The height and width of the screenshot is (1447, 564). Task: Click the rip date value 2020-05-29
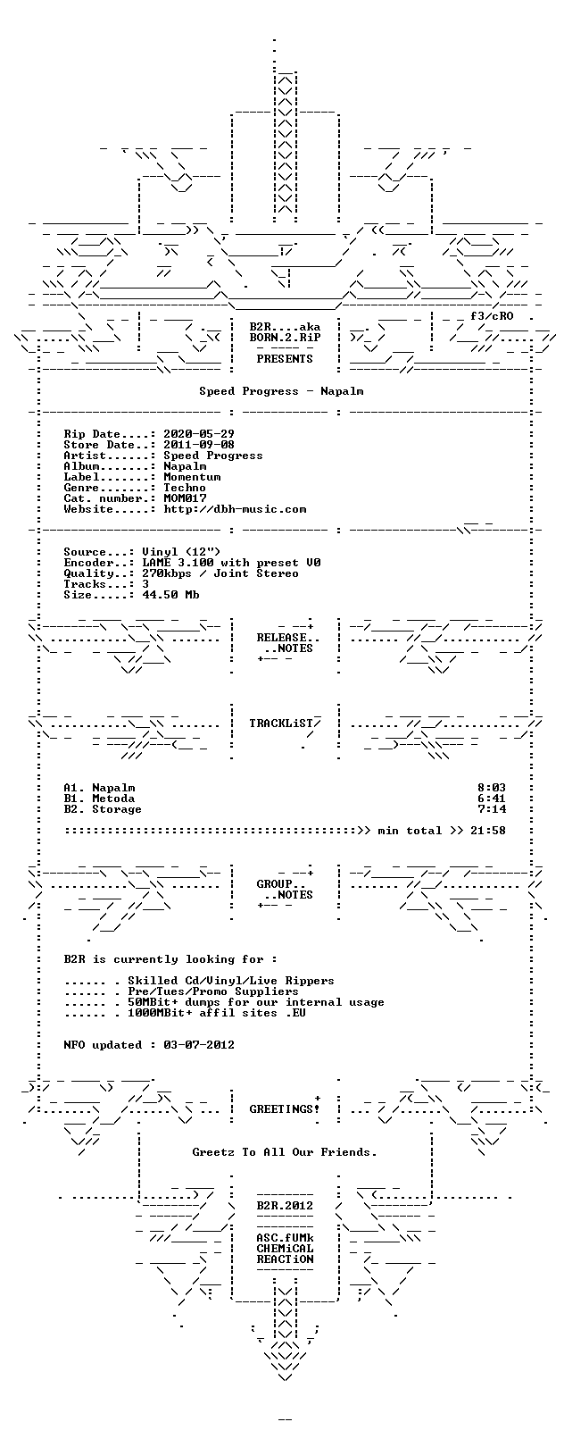[x=199, y=434]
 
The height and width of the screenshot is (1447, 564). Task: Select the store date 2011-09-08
[x=199, y=445]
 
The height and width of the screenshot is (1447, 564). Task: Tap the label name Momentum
[x=192, y=477]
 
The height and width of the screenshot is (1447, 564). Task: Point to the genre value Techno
[x=185, y=488]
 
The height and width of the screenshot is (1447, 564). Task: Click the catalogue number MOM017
[x=185, y=498]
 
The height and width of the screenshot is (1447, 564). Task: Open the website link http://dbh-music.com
[x=235, y=510]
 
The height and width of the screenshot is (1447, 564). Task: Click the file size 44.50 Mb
[x=170, y=595]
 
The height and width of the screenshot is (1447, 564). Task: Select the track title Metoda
[x=113, y=799]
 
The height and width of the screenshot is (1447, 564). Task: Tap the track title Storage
[x=117, y=809]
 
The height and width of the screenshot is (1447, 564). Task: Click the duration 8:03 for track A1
[x=492, y=788]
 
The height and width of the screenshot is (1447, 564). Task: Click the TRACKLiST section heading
[x=281, y=723]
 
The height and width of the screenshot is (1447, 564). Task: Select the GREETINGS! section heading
[x=285, y=1109]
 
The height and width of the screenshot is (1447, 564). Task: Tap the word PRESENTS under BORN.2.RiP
[x=285, y=359]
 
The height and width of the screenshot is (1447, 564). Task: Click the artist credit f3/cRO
[x=492, y=316]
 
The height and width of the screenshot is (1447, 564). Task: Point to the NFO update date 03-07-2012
[x=199, y=1045]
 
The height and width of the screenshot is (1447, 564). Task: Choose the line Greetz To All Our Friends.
[x=285, y=1151]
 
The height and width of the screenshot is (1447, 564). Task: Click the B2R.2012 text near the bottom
[x=285, y=1206]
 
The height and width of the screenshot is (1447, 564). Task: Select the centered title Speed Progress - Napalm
[x=281, y=391]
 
